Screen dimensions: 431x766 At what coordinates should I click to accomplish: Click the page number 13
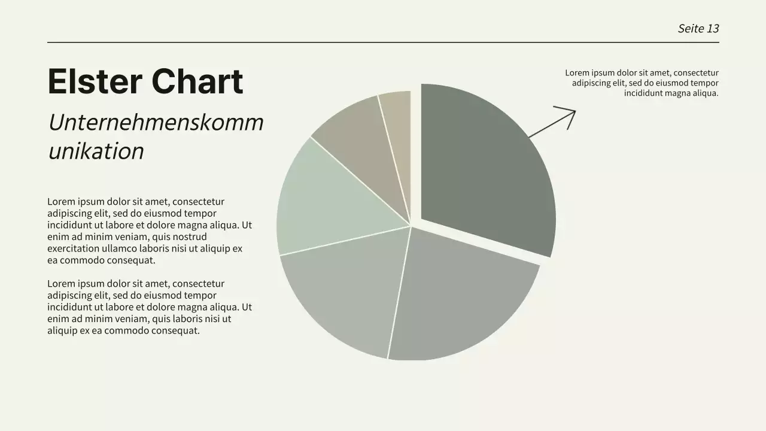point(713,28)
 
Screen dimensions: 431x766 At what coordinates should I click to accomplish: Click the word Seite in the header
point(691,28)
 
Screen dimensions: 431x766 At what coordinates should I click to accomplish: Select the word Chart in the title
point(197,81)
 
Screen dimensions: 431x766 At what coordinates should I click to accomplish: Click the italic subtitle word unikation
point(96,151)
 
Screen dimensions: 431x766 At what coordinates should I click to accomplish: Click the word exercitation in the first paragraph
point(77,248)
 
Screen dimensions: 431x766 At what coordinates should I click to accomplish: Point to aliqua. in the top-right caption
point(704,93)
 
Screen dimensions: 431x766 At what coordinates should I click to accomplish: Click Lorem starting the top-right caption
point(577,73)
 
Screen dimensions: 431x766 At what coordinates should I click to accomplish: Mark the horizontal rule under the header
point(383,43)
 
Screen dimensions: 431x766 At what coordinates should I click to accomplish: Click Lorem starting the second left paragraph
point(60,284)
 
